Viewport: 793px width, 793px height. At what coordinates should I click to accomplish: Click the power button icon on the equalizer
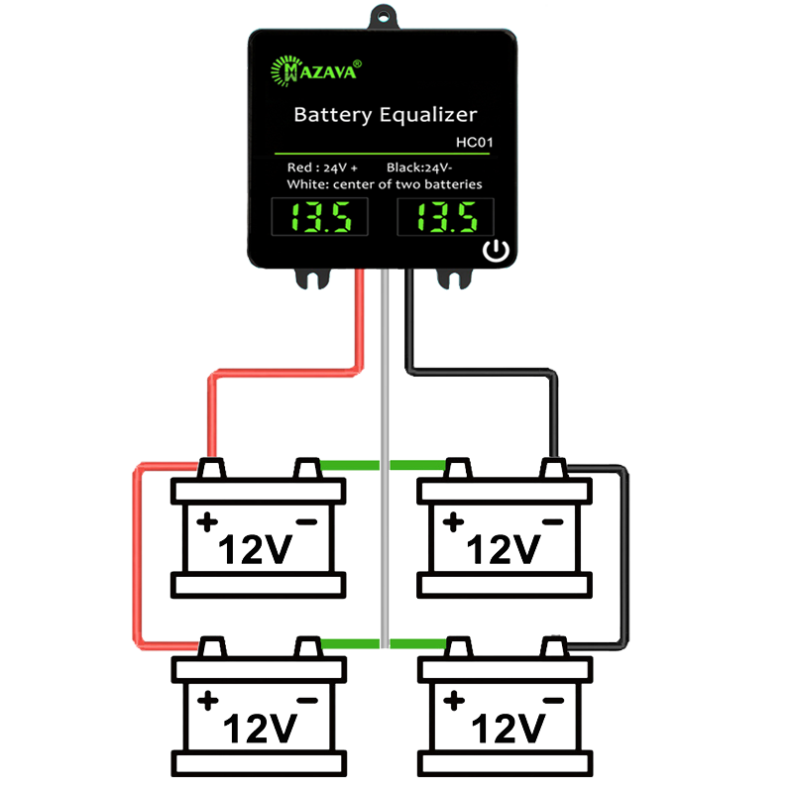pos(496,251)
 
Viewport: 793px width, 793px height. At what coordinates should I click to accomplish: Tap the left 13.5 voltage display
pos(319,217)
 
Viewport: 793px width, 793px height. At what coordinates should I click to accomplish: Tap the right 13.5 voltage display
pos(445,217)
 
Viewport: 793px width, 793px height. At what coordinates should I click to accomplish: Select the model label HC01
pos(474,142)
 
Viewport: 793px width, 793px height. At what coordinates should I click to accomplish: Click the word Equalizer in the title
pos(428,115)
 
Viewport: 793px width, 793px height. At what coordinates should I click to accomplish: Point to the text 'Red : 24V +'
pos(322,168)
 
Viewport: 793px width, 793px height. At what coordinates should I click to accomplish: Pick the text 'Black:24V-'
pos(419,168)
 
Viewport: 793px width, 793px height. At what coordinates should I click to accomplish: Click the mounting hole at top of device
pos(383,17)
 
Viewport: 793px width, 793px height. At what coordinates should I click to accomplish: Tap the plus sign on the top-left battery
pos(207,522)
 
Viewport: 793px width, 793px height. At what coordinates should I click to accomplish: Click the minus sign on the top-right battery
pos(553,522)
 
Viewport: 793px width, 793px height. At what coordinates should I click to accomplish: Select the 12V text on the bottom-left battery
pos(260,729)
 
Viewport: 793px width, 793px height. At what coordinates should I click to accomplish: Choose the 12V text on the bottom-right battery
pos(508,729)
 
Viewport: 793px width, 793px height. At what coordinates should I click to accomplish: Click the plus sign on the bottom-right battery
pos(454,701)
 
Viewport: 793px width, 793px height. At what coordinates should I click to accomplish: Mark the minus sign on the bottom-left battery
pos(307,701)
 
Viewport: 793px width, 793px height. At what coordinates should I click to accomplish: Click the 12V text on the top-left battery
pos(256,550)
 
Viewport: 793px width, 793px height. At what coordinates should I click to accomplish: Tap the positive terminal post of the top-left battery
pos(211,468)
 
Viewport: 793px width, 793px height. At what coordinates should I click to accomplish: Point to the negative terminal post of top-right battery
pos(554,468)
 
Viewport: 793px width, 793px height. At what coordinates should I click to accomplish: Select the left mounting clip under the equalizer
pos(312,279)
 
